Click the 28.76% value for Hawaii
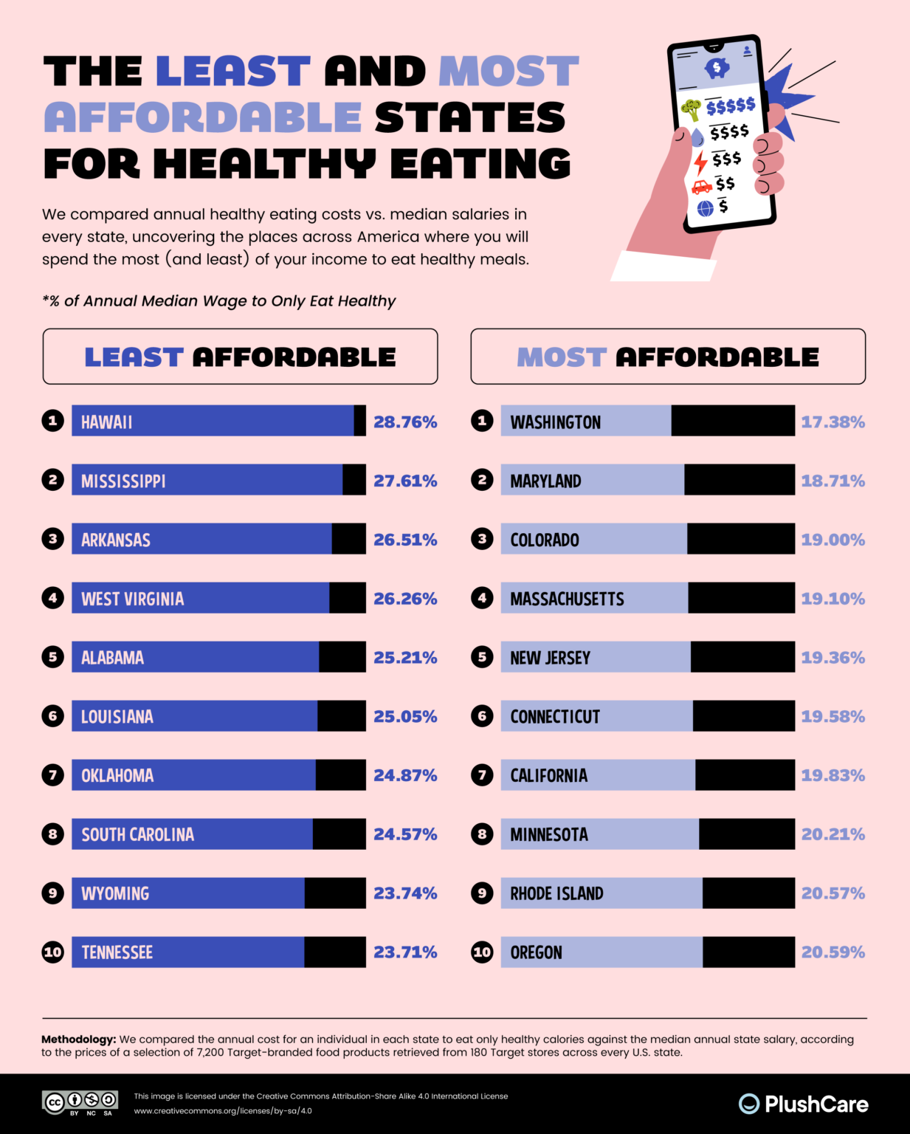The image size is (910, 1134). click(405, 422)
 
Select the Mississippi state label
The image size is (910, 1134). click(123, 481)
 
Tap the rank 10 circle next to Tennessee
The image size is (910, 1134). click(52, 952)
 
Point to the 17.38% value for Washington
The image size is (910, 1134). click(833, 422)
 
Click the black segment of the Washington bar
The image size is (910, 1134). click(732, 421)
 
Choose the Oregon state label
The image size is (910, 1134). click(536, 952)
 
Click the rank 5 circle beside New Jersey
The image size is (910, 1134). click(482, 657)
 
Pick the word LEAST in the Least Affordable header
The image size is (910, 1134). click(134, 357)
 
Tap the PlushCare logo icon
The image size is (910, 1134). click(748, 1104)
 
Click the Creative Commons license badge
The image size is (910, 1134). click(80, 1102)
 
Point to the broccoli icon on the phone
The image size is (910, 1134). click(692, 109)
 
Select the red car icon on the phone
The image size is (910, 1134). click(701, 187)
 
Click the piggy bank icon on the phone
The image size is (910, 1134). click(717, 68)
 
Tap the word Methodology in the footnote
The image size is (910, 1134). click(78, 1039)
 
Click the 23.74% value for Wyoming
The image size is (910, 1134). click(405, 893)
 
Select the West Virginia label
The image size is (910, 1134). click(132, 599)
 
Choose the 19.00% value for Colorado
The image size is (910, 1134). click(833, 540)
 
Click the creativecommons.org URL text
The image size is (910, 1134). click(222, 1110)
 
